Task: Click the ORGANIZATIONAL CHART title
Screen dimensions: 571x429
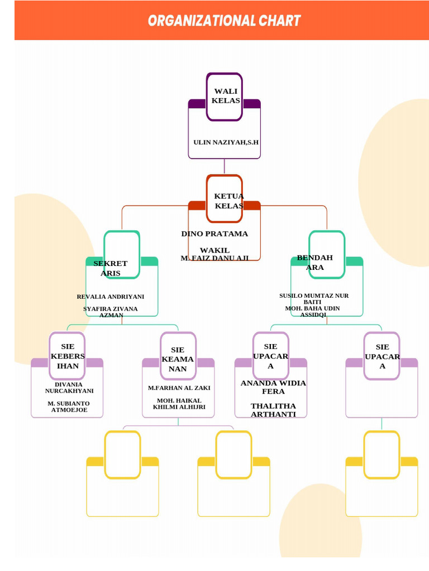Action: (x=224, y=21)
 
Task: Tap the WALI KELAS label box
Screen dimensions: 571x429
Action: (x=225, y=96)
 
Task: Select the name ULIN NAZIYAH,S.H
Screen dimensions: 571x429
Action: (x=226, y=142)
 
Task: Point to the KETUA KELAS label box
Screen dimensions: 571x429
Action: (x=225, y=199)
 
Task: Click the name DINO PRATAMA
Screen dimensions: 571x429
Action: (x=214, y=234)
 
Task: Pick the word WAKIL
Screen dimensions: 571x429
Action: (x=214, y=250)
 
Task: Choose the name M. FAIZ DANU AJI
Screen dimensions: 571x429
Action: (x=215, y=258)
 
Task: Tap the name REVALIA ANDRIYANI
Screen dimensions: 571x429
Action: (x=111, y=297)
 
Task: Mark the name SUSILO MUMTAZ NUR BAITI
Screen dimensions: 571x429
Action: (x=314, y=298)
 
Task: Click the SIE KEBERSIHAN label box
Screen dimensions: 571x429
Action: (x=67, y=356)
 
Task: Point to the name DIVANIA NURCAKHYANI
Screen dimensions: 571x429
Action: (x=69, y=388)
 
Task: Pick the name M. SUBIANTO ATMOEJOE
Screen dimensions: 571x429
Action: (x=69, y=407)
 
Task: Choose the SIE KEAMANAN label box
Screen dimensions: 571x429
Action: (x=178, y=356)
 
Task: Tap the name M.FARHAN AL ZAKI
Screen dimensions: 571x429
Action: (x=179, y=388)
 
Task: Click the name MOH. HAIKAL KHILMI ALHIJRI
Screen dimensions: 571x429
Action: (x=179, y=404)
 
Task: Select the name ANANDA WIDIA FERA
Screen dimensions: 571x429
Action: (x=273, y=387)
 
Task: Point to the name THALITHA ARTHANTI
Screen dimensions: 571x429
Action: (x=273, y=410)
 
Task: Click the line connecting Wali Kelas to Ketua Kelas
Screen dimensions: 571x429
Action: (x=225, y=167)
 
